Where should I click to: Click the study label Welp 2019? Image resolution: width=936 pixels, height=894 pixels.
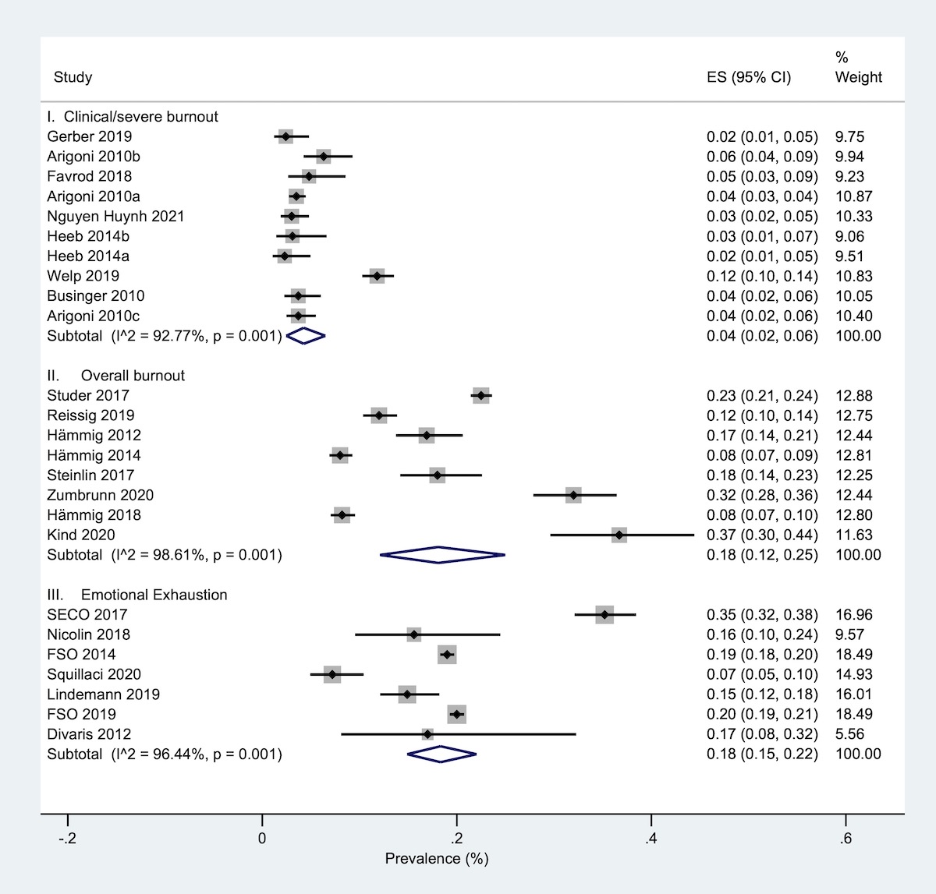(83, 276)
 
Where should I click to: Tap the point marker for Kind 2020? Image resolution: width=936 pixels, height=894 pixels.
(619, 535)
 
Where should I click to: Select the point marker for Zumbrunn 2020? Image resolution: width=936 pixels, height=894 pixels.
(573, 495)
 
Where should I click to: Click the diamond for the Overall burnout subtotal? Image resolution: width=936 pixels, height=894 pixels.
(441, 555)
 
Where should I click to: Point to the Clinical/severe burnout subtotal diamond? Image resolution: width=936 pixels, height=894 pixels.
(305, 336)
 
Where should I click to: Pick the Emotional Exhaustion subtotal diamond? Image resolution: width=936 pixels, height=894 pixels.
(441, 754)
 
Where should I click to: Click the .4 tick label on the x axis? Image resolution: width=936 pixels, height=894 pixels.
(651, 839)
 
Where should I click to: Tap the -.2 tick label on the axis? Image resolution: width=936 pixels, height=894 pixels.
(67, 839)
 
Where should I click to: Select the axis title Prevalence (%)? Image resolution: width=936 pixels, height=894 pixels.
(436, 859)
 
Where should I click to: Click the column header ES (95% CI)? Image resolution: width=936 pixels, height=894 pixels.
(748, 77)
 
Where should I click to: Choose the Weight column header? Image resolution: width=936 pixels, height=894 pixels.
(858, 76)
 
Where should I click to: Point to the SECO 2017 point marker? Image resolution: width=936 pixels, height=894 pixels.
(604, 614)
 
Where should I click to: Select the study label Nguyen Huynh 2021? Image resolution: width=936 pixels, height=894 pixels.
(115, 216)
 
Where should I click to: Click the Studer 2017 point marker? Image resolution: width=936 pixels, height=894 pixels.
(480, 395)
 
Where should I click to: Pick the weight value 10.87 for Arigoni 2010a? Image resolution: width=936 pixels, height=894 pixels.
(853, 196)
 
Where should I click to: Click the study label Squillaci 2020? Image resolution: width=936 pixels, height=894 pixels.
(94, 674)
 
